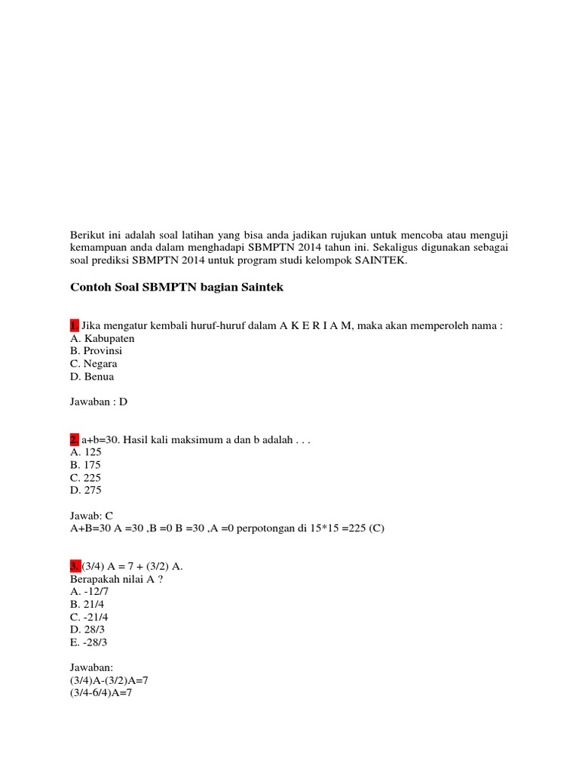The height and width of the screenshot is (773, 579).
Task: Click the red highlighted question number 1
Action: pos(74,325)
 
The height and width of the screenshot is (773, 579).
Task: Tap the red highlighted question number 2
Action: pos(74,439)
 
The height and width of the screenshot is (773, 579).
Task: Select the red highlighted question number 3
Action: pos(75,566)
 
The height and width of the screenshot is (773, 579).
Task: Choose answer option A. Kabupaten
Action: pos(102,338)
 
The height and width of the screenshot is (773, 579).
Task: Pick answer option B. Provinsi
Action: pos(96,351)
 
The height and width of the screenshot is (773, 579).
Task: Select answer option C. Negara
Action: pos(93,364)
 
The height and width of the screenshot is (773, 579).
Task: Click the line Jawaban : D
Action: pos(99,402)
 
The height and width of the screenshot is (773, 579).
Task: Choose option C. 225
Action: pos(85,478)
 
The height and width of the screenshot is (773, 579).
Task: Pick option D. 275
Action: pos(85,490)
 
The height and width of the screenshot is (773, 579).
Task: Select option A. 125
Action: pos(85,452)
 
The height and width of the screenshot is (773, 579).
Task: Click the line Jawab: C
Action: pos(91,516)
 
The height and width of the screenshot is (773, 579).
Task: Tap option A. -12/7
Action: pos(89,592)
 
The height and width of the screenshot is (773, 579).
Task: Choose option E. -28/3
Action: pos(90,642)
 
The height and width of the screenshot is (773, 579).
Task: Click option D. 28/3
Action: pos(88,630)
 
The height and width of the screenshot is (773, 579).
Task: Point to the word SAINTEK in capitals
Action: pos(379,261)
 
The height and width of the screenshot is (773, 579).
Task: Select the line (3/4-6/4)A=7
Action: pos(100,693)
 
